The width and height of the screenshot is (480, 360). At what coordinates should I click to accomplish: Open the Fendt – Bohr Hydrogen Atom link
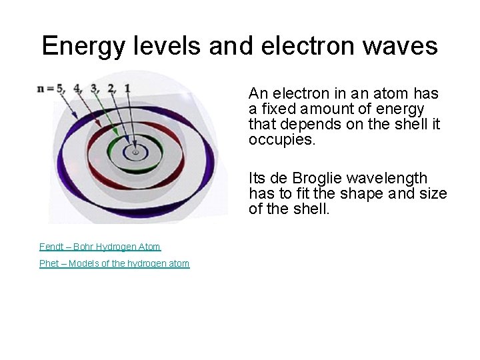100,247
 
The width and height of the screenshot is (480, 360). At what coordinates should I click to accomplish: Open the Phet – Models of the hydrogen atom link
114,264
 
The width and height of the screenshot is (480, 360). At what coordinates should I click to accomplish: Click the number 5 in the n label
61,88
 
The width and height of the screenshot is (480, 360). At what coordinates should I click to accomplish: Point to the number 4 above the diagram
77,88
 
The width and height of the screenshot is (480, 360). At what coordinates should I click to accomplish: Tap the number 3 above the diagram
94,88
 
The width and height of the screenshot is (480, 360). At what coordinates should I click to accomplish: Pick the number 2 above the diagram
111,88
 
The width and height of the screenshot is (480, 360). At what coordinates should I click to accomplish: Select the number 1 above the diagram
127,88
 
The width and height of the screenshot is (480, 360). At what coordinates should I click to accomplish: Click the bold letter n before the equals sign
42,89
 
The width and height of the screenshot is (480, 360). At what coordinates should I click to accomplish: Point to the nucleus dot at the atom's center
135,153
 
